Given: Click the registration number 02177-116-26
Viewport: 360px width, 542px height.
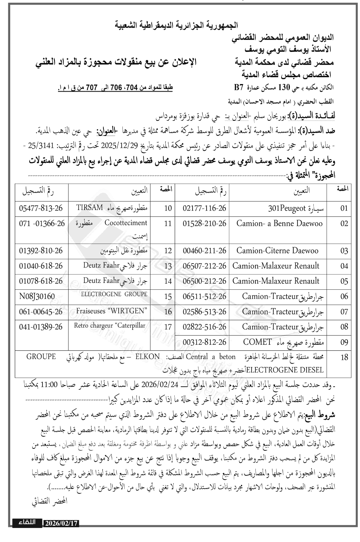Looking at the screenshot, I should pyautogui.click(x=204, y=208).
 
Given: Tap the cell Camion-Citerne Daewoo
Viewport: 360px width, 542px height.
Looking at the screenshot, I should pyautogui.click(x=277, y=250).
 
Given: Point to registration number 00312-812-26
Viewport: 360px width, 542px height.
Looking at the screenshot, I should pyautogui.click(x=204, y=342).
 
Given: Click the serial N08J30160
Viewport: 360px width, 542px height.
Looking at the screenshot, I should pyautogui.click(x=37, y=296).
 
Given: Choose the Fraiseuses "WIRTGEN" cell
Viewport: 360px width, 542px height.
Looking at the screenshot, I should pyautogui.click(x=111, y=311).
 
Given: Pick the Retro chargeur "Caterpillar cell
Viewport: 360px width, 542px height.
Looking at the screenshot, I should pyautogui.click(x=110, y=326).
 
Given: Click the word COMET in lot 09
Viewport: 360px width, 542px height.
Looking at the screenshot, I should pyautogui.click(x=257, y=342).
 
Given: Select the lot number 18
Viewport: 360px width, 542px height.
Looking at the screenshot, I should pyautogui.click(x=344, y=357).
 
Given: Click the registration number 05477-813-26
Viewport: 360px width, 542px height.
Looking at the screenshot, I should pyautogui.click(x=41, y=208).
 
